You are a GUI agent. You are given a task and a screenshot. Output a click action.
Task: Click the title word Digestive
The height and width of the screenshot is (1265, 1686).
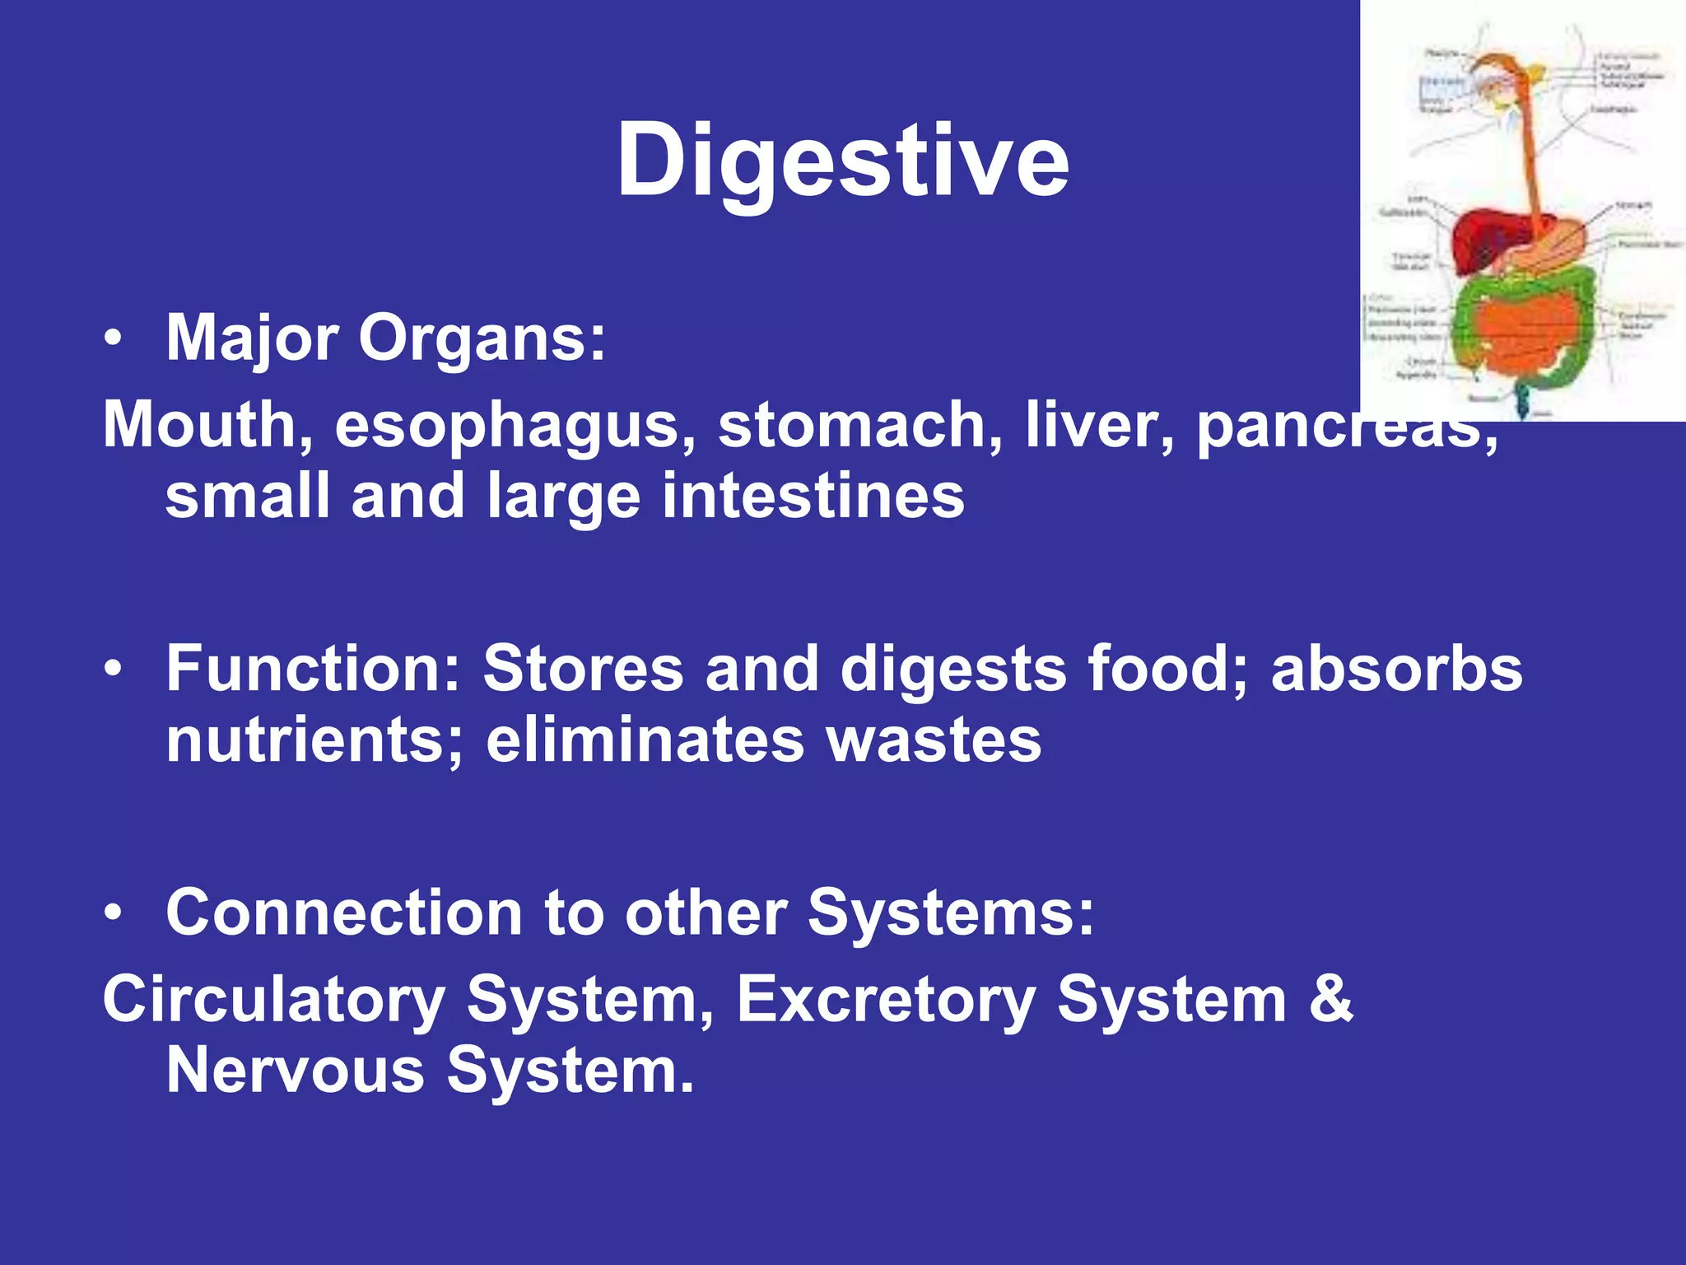[843, 161]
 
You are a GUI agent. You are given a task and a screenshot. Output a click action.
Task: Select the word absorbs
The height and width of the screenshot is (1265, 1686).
[1396, 668]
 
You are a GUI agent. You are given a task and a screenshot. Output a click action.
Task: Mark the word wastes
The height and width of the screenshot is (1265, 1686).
[934, 740]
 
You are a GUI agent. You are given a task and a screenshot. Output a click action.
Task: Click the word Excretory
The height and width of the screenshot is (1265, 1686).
[886, 1000]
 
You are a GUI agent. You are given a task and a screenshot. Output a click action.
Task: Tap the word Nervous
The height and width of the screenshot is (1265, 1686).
[295, 1071]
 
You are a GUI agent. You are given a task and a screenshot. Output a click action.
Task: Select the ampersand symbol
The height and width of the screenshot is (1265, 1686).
[1330, 1000]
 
